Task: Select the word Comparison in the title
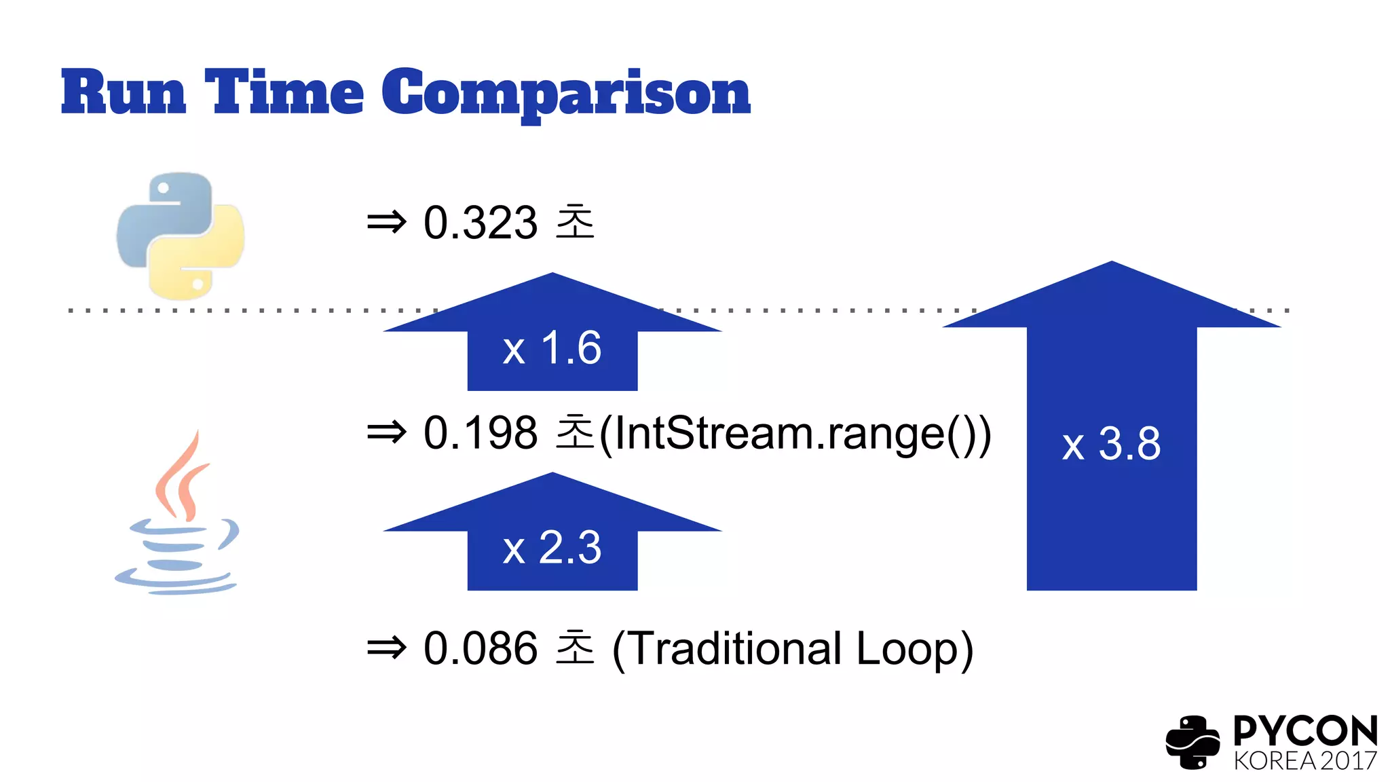[566, 93]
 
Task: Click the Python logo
[181, 236]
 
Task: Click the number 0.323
[481, 223]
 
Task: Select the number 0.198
[481, 433]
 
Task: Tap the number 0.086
[481, 648]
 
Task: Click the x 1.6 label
[552, 348]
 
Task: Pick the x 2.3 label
[552, 548]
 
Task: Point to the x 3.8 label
[1111, 445]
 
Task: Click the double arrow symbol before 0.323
[386, 223]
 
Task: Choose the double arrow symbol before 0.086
[386, 648]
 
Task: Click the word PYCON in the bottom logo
[1305, 731]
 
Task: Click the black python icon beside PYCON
[1192, 742]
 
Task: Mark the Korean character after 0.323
[575, 222]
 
